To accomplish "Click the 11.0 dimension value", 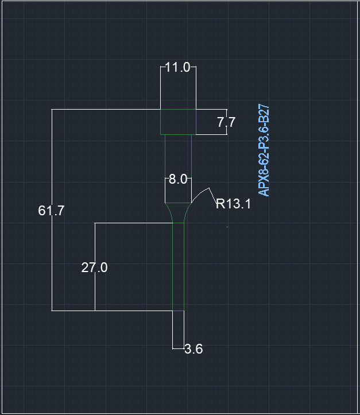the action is (x=177, y=67).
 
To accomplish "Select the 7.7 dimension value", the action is (x=226, y=122).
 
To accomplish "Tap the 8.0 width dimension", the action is (x=178, y=179).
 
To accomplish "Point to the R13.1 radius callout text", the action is (x=233, y=204).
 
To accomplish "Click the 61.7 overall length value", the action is (x=51, y=211).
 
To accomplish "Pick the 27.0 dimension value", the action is (x=94, y=267).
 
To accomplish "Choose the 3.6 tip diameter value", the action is (x=193, y=349).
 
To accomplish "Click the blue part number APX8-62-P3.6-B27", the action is (x=264, y=150).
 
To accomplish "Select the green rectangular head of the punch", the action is (x=178, y=122).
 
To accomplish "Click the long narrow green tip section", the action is (x=178, y=267).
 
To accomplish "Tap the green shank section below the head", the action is (x=178, y=169).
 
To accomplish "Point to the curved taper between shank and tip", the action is (x=178, y=213).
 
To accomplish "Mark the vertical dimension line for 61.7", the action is (x=52, y=210).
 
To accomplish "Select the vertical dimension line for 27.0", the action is (x=95, y=267).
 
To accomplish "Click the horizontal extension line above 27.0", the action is (x=134, y=223).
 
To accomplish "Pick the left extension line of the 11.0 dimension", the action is (x=160, y=88).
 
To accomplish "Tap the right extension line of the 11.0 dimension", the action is (x=196, y=88).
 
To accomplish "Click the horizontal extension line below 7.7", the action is (x=211, y=135).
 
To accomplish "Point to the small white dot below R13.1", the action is (x=227, y=227).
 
